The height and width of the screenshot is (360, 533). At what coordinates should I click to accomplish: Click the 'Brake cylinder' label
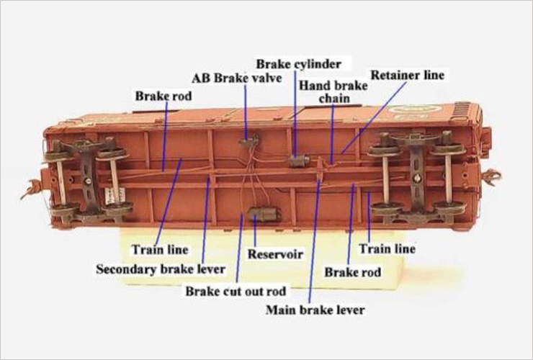(298, 64)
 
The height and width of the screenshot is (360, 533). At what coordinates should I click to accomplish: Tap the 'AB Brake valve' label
(237, 78)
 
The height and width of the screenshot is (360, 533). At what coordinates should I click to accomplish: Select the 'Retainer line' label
(407, 75)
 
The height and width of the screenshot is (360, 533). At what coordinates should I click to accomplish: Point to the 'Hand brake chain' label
(333, 91)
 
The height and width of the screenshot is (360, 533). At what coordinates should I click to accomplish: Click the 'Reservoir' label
(275, 254)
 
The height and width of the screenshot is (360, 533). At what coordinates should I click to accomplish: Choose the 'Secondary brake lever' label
(161, 269)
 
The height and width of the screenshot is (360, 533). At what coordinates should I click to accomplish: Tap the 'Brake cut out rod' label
(236, 292)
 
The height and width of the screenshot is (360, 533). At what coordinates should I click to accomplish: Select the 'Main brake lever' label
(315, 310)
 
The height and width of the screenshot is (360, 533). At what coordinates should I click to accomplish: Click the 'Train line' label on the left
(160, 250)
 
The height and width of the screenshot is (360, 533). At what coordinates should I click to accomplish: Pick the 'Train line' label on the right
(388, 249)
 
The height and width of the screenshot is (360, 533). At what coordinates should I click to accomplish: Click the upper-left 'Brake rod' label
(164, 96)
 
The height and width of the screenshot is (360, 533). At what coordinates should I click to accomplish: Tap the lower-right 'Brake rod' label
(352, 272)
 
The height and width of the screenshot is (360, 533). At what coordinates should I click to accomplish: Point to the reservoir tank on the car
(265, 214)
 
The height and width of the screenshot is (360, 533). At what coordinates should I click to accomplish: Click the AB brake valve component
(248, 140)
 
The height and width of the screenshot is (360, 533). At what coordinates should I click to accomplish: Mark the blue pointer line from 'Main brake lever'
(315, 240)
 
